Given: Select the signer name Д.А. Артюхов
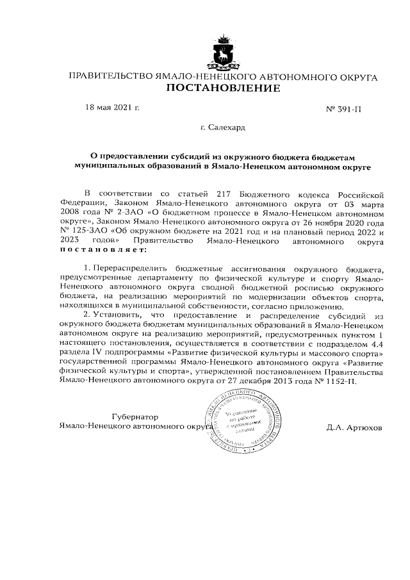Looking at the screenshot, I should coord(353,426).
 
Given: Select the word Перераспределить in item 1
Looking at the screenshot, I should coord(126,269).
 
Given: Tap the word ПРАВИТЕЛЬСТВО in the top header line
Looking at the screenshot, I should coord(111,77).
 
